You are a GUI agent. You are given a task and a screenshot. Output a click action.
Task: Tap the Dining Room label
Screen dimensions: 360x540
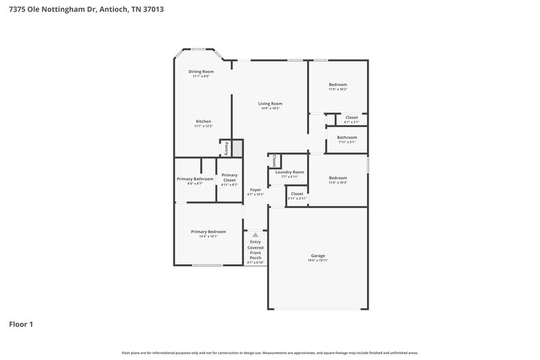(x=200, y=72)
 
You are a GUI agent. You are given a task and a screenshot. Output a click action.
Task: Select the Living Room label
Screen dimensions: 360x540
(x=270, y=103)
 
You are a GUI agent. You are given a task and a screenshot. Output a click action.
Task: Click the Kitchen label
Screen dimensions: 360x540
(x=203, y=122)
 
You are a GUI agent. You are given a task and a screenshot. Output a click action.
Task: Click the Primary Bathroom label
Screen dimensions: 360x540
(x=195, y=179)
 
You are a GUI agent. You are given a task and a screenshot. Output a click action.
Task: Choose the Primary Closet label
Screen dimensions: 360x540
(x=230, y=178)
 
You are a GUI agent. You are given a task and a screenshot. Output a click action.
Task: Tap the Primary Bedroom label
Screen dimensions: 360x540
(x=208, y=232)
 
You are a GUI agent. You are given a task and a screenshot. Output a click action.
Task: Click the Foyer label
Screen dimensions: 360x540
(x=255, y=190)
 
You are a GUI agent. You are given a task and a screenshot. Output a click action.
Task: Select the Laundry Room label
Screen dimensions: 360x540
(x=289, y=172)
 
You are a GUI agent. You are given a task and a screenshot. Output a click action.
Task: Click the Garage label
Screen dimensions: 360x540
(x=318, y=255)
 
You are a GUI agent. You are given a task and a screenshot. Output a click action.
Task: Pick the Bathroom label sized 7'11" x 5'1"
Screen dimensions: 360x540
(x=347, y=138)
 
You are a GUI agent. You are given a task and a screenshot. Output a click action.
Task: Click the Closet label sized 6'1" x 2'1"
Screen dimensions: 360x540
(x=352, y=118)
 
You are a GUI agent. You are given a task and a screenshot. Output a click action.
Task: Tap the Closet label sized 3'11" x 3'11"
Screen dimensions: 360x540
(x=297, y=194)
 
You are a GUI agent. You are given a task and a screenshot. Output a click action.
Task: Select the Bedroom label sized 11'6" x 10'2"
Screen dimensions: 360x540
(x=337, y=84)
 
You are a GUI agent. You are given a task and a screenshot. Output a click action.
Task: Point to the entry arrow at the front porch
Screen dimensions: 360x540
(x=255, y=234)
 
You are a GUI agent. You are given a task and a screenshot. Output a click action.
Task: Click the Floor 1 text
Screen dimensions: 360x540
(x=21, y=324)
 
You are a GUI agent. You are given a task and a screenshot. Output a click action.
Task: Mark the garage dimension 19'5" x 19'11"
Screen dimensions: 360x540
(x=318, y=260)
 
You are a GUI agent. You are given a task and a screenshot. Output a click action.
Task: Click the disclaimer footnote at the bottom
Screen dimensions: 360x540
(x=270, y=353)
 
